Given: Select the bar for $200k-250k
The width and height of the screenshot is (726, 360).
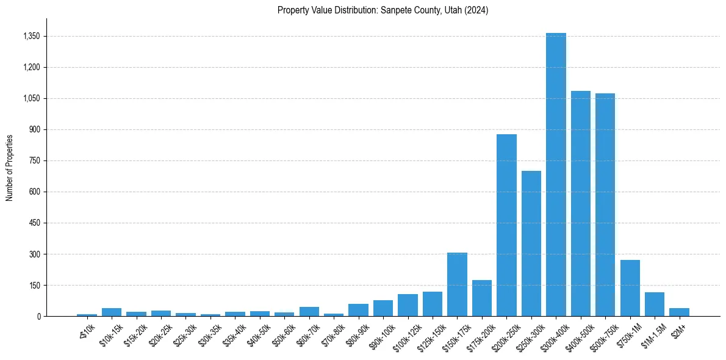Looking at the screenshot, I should coord(506,225).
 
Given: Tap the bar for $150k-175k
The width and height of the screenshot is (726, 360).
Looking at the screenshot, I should coord(457,284).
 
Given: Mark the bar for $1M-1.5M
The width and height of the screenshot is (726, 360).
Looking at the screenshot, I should coord(655,304).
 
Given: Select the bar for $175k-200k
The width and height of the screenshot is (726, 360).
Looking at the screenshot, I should coord(482,298).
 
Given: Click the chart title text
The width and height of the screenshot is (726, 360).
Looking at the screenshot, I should coord(383,10).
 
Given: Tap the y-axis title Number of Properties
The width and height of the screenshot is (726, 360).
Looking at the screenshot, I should coord(10,167).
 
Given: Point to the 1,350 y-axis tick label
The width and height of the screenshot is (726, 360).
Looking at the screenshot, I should coord(31,36).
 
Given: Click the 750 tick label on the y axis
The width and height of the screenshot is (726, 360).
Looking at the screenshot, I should coord(34,160).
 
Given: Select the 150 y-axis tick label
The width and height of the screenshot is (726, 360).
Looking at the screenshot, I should coord(34,285).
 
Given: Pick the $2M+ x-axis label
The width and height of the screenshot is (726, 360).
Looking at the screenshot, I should coord(678,330).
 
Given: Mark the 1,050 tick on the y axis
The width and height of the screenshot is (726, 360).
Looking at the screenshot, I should coord(31,98).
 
